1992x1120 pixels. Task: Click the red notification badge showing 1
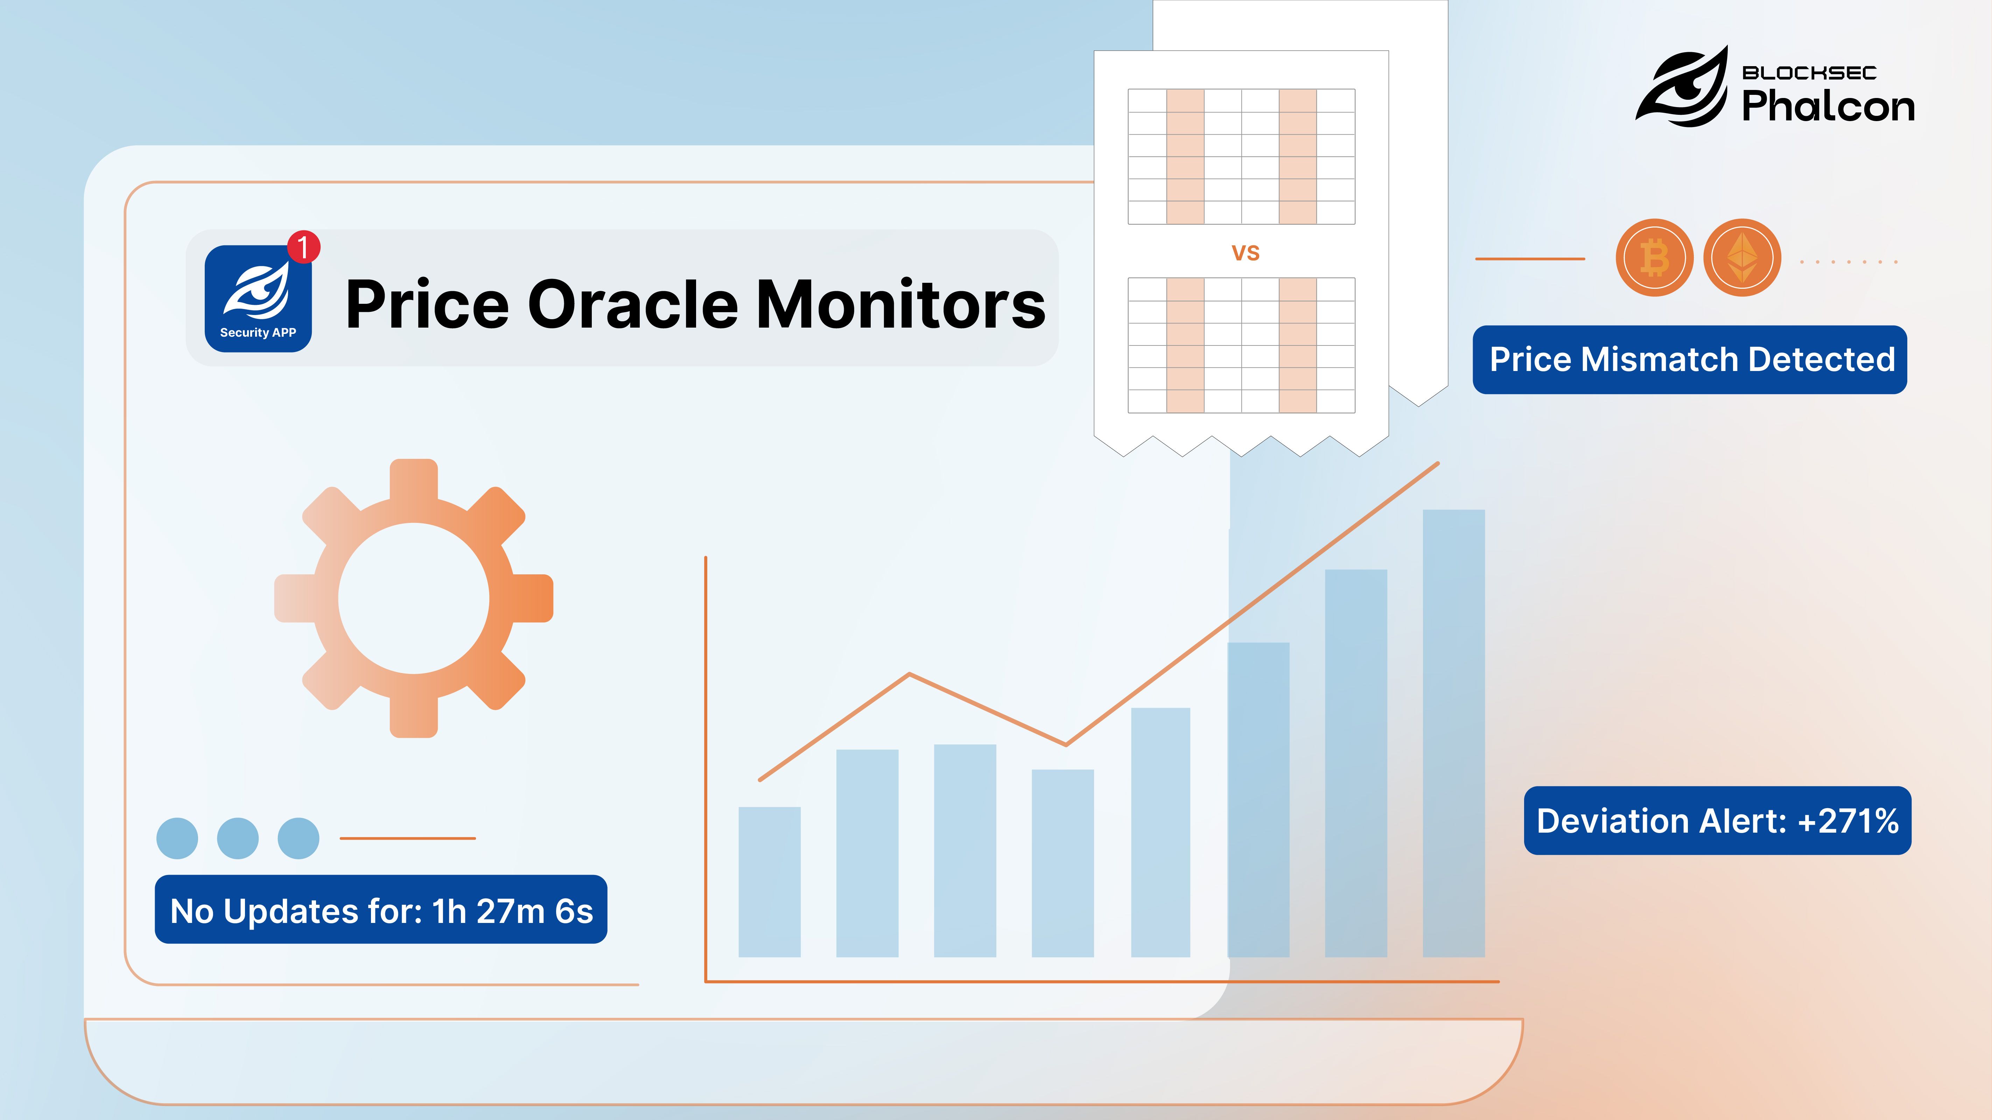303,247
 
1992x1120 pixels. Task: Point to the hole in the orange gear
414,598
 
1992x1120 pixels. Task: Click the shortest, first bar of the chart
770,882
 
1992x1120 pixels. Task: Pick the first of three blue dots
177,838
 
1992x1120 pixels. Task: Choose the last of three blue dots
299,838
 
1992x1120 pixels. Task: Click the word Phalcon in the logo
1828,106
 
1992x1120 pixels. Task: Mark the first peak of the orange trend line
910,674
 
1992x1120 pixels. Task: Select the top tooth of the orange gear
414,479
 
